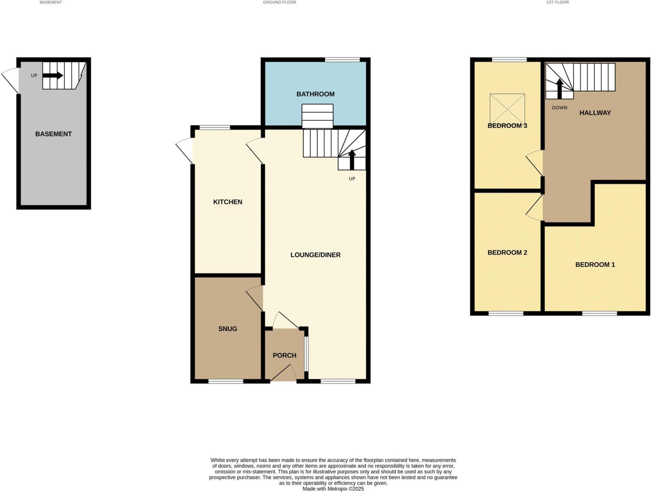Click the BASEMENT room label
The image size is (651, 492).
click(x=53, y=134)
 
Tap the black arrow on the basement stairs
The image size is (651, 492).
click(x=53, y=76)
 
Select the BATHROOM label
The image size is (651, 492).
click(x=315, y=94)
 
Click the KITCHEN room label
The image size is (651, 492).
click(x=228, y=202)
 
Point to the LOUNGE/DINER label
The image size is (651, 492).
click(x=315, y=255)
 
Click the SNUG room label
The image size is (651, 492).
click(x=228, y=329)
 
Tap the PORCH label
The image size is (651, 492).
click(x=285, y=355)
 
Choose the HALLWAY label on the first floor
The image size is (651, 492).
click(x=595, y=113)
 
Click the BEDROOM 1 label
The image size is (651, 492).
click(x=595, y=264)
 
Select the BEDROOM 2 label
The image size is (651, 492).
click(x=507, y=252)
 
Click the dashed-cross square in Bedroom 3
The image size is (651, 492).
click(x=507, y=109)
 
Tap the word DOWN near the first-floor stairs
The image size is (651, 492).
click(x=559, y=108)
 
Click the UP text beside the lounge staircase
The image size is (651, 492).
click(x=352, y=178)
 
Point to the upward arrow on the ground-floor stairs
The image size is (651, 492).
click(x=352, y=159)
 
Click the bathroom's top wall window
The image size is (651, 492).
click(x=342, y=59)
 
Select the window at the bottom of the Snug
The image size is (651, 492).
click(x=226, y=381)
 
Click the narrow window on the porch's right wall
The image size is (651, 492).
click(x=306, y=354)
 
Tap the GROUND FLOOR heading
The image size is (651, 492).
click(x=279, y=2)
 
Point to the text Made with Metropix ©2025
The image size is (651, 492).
click(x=333, y=489)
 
